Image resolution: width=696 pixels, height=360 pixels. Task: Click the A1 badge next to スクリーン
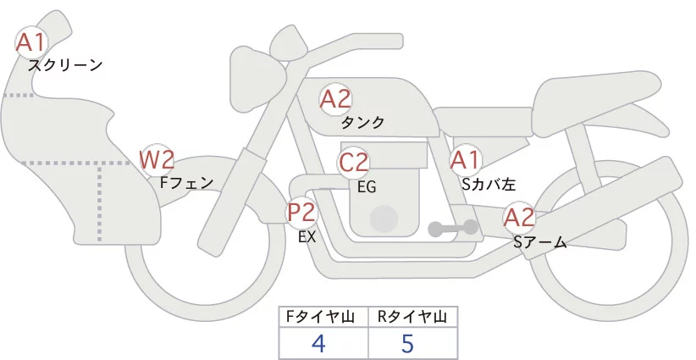[31, 42]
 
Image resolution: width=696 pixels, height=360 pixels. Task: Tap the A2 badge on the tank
[335, 99]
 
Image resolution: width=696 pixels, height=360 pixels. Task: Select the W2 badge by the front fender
[157, 158]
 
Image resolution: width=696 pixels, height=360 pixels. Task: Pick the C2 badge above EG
[354, 162]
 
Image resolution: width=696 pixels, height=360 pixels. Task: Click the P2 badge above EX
[301, 212]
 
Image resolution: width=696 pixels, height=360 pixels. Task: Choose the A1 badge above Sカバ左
[465, 159]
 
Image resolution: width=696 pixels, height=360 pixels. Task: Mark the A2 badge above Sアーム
[519, 218]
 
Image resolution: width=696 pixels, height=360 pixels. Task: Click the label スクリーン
[65, 64]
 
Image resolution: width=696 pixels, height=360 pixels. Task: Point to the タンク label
[362, 123]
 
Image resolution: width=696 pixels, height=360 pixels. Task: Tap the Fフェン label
[187, 181]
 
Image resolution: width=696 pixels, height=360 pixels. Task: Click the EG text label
[367, 186]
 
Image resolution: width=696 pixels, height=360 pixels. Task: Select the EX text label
[307, 237]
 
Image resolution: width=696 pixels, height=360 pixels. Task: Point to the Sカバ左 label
[489, 183]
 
